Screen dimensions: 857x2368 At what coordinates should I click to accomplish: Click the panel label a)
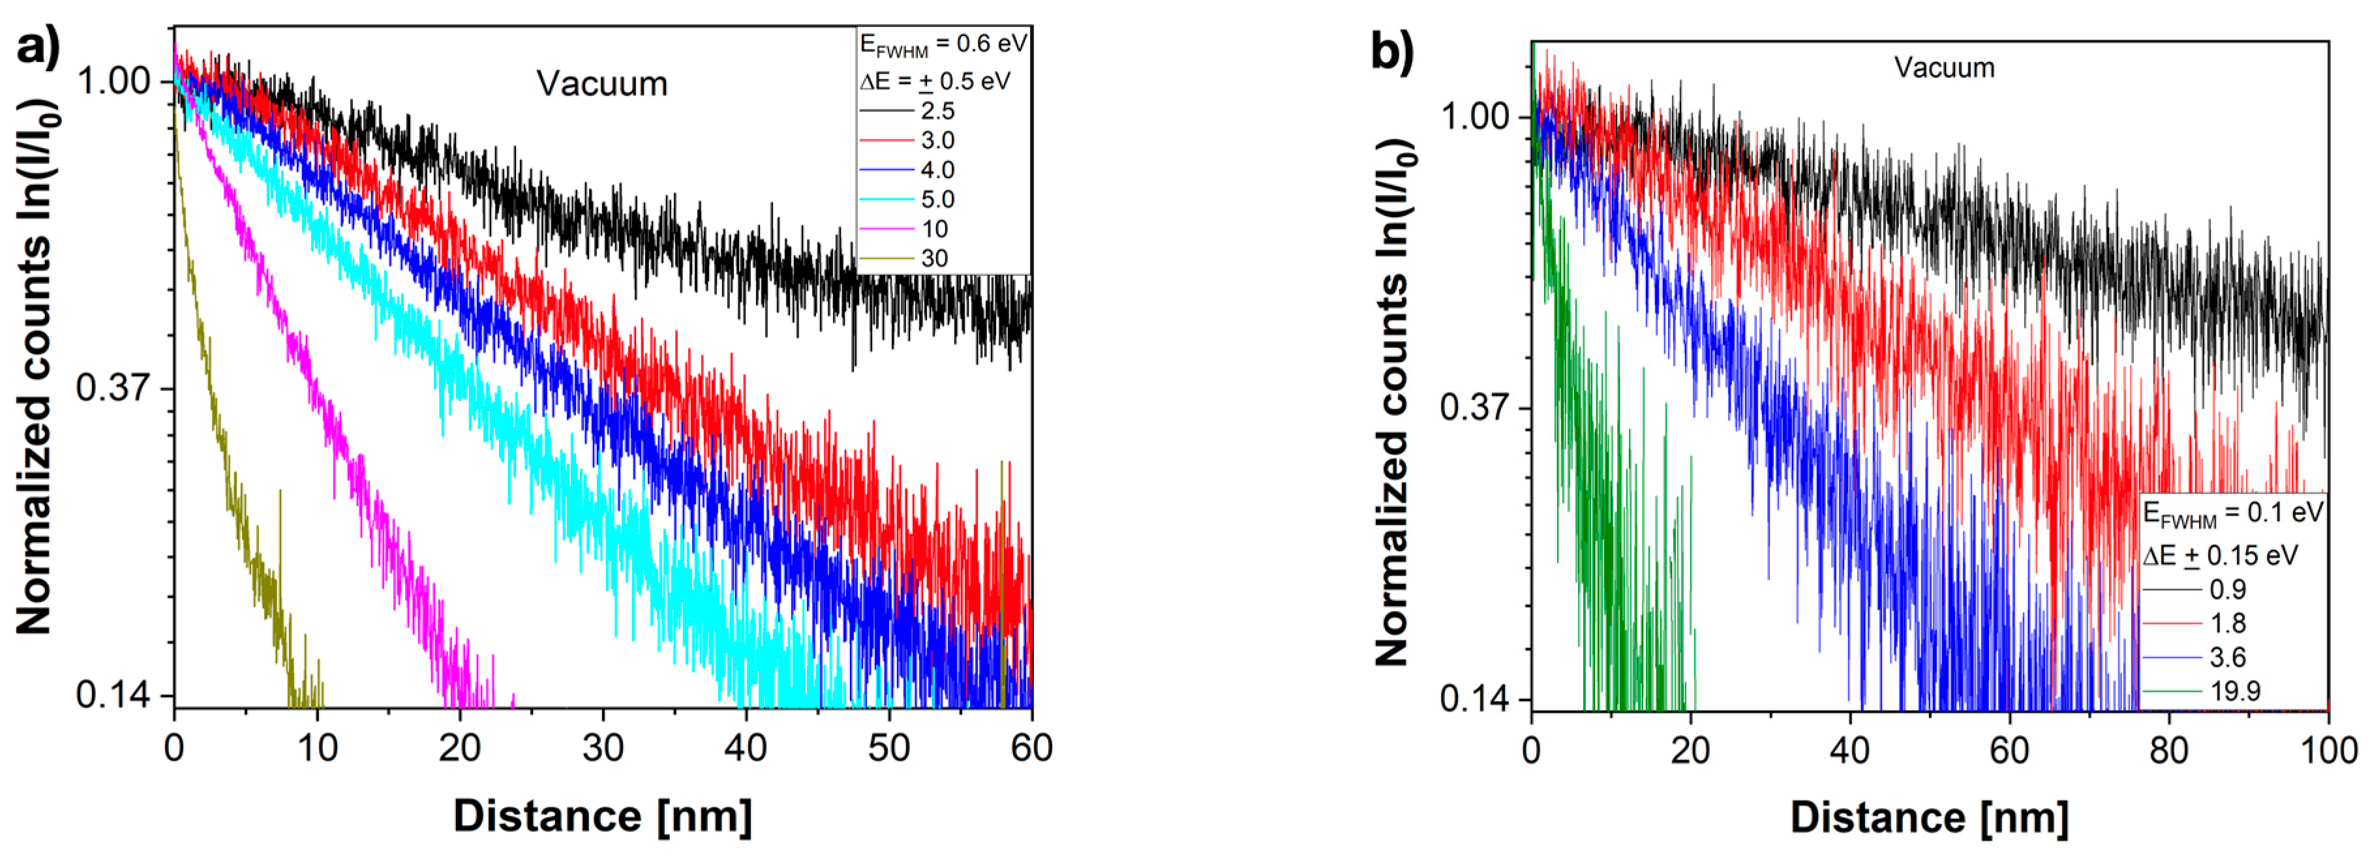(38, 46)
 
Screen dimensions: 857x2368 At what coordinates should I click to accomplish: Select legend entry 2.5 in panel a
(937, 112)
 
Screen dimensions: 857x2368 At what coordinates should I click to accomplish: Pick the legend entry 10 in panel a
(934, 229)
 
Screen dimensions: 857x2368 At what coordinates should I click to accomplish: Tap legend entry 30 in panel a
(934, 258)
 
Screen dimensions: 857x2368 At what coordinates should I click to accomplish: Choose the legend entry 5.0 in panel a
(937, 200)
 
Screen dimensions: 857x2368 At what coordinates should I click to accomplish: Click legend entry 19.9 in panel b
(2235, 691)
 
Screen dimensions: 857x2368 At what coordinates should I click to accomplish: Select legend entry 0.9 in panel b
(2227, 590)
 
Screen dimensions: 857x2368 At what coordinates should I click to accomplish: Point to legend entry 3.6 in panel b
(2227, 657)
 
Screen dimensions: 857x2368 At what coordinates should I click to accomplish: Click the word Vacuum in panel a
(602, 83)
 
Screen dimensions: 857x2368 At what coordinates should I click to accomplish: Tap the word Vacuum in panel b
(1944, 68)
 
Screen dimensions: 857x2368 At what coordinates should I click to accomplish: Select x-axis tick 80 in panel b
(2168, 750)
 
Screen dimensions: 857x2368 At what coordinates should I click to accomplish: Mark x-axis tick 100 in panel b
(2328, 750)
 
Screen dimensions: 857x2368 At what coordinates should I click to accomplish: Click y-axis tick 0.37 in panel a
(113, 387)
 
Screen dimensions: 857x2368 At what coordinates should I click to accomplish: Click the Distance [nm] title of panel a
(603, 816)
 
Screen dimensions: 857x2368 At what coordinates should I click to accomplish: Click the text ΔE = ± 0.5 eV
(935, 82)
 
